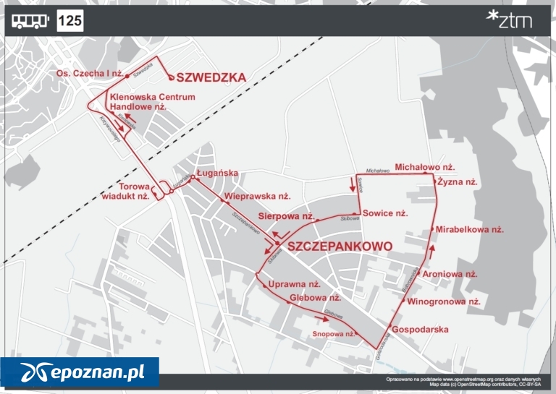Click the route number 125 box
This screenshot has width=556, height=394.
[x=70, y=21]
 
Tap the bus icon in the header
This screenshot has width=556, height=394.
[x=30, y=21]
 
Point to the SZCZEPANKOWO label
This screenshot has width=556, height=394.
[x=340, y=247]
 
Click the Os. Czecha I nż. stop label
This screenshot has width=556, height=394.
[x=89, y=74]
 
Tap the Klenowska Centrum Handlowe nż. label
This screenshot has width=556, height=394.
[x=151, y=101]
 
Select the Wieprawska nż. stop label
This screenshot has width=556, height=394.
[x=257, y=196]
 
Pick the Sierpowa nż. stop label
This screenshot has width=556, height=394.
[x=286, y=216]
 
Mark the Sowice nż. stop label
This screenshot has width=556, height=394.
[x=385, y=213]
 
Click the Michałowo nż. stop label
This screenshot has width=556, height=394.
[x=424, y=167]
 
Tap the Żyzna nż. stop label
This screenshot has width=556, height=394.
[x=458, y=182]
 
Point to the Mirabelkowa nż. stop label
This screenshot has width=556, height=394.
[x=470, y=229]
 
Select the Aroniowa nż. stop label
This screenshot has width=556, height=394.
[x=450, y=274]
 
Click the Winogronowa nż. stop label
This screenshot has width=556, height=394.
[x=444, y=301]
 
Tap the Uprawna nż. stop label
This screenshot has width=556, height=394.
[x=294, y=284]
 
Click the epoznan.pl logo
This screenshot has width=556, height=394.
[x=80, y=373]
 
